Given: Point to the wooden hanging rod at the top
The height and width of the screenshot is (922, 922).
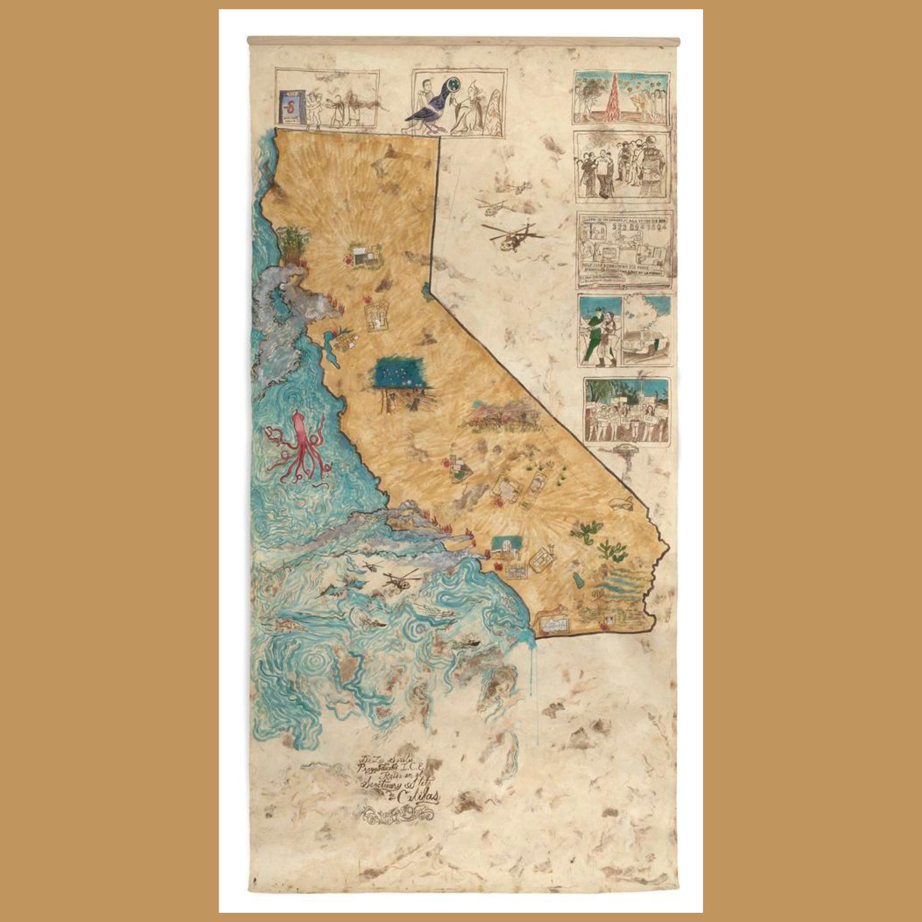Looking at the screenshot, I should (461, 41).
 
